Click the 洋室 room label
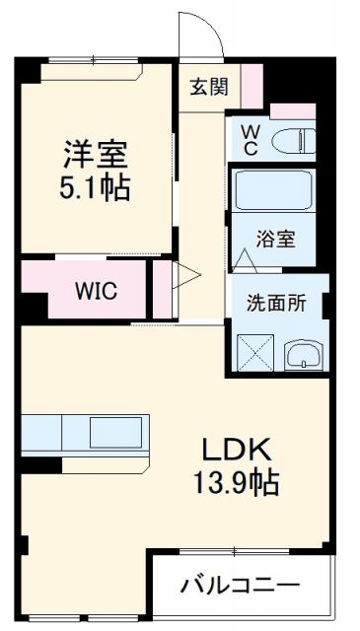tap(97, 154)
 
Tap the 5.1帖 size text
tap(97, 186)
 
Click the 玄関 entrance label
tap(209, 85)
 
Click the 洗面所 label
tap(276, 304)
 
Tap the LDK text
tap(238, 451)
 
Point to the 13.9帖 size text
tap(238, 483)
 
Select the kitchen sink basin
tap(116, 432)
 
